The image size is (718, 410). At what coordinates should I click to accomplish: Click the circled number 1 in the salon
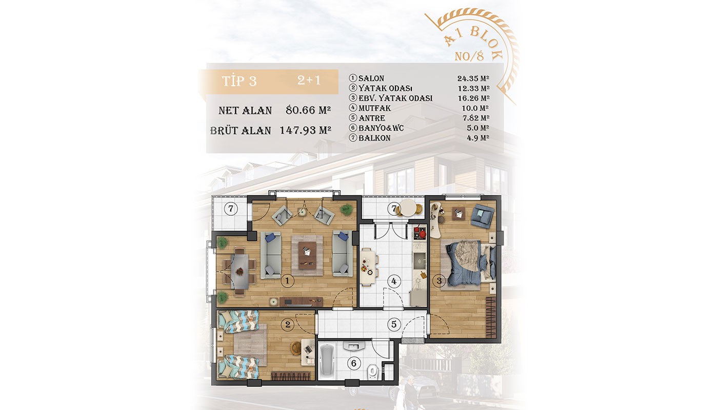click(287, 281)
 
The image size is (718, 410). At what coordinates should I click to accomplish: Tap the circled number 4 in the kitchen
click(394, 281)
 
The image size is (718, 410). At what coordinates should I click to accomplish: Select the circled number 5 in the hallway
click(394, 324)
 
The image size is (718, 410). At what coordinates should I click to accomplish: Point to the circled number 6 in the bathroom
click(353, 363)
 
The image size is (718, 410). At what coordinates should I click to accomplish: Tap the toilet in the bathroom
click(373, 371)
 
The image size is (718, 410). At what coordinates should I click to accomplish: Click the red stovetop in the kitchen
click(420, 233)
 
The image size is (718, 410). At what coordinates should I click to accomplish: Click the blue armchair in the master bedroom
click(483, 215)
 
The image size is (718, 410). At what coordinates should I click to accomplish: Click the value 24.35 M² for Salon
click(473, 78)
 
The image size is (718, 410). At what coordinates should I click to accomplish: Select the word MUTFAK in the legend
click(374, 108)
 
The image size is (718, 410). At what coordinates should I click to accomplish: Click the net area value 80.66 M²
click(308, 110)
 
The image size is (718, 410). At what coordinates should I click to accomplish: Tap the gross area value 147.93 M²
click(306, 130)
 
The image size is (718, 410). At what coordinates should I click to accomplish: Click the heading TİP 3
click(239, 81)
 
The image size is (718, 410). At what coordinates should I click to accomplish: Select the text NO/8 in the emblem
click(469, 56)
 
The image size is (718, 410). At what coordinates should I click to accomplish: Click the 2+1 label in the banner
click(309, 80)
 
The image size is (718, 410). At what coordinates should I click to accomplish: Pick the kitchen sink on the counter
click(419, 261)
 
